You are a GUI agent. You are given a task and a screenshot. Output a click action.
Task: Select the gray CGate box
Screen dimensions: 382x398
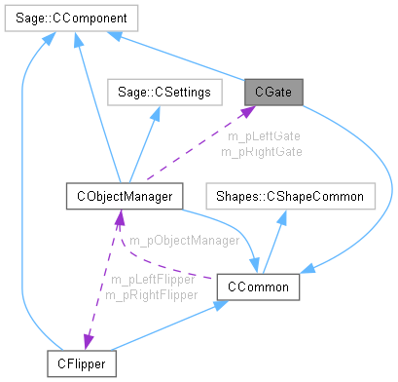(273, 92)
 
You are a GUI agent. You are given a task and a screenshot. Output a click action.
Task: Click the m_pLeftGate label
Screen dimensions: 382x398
(261, 136)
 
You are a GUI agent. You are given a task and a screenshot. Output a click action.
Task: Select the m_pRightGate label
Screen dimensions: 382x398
(261, 151)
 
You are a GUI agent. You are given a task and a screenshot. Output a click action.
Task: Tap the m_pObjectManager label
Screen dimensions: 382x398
(185, 239)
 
